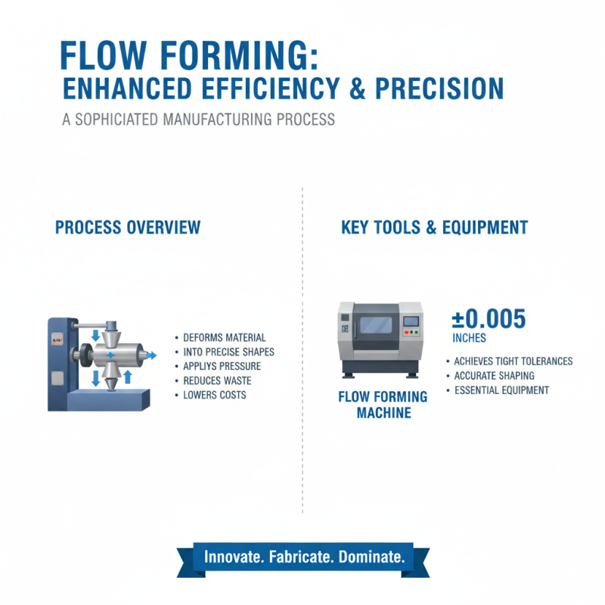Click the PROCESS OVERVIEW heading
(128, 227)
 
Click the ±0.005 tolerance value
(488, 321)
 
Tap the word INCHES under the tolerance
(469, 338)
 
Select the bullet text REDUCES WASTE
(217, 380)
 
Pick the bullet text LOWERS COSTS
(215, 395)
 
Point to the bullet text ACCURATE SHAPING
(494, 376)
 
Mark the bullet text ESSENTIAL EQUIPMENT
(501, 390)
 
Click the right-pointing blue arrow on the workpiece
(150, 354)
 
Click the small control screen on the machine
(411, 321)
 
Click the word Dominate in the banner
(371, 557)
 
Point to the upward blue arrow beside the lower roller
(128, 376)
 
